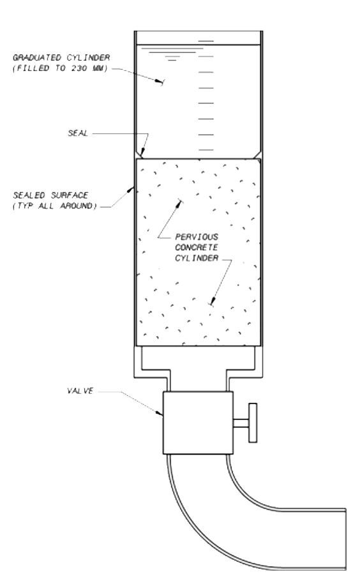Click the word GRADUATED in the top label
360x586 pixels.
(37, 57)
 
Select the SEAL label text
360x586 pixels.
(78, 133)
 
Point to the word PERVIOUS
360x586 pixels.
(197, 237)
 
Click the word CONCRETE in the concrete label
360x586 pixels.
(196, 248)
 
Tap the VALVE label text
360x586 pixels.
(80, 391)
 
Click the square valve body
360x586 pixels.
(198, 423)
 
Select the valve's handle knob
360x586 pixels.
(253, 423)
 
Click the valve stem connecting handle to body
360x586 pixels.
(241, 423)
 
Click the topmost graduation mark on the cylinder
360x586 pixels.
(206, 41)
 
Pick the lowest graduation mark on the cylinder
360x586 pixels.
(206, 150)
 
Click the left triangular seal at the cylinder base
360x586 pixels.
(139, 154)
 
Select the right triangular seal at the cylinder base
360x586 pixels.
(257, 154)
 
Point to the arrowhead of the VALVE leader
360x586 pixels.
(160, 413)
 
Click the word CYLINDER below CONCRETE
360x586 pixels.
(197, 259)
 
